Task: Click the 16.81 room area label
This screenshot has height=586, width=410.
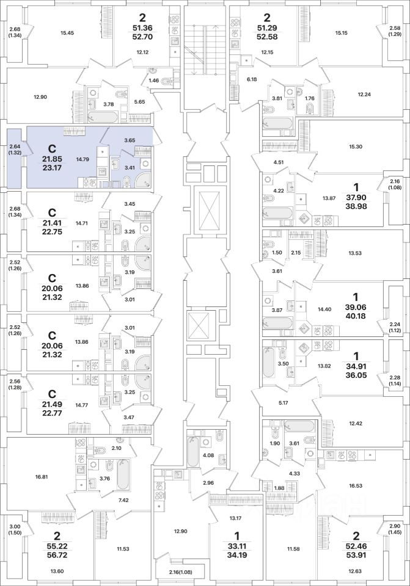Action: tap(31, 477)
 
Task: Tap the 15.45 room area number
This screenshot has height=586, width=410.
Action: tap(67, 33)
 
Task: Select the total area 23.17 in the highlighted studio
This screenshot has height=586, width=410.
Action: tap(52, 168)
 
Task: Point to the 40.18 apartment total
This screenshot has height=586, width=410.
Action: tap(356, 316)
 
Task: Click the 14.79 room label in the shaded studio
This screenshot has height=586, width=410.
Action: tap(82, 159)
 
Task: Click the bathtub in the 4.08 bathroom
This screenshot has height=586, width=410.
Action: tap(192, 450)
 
